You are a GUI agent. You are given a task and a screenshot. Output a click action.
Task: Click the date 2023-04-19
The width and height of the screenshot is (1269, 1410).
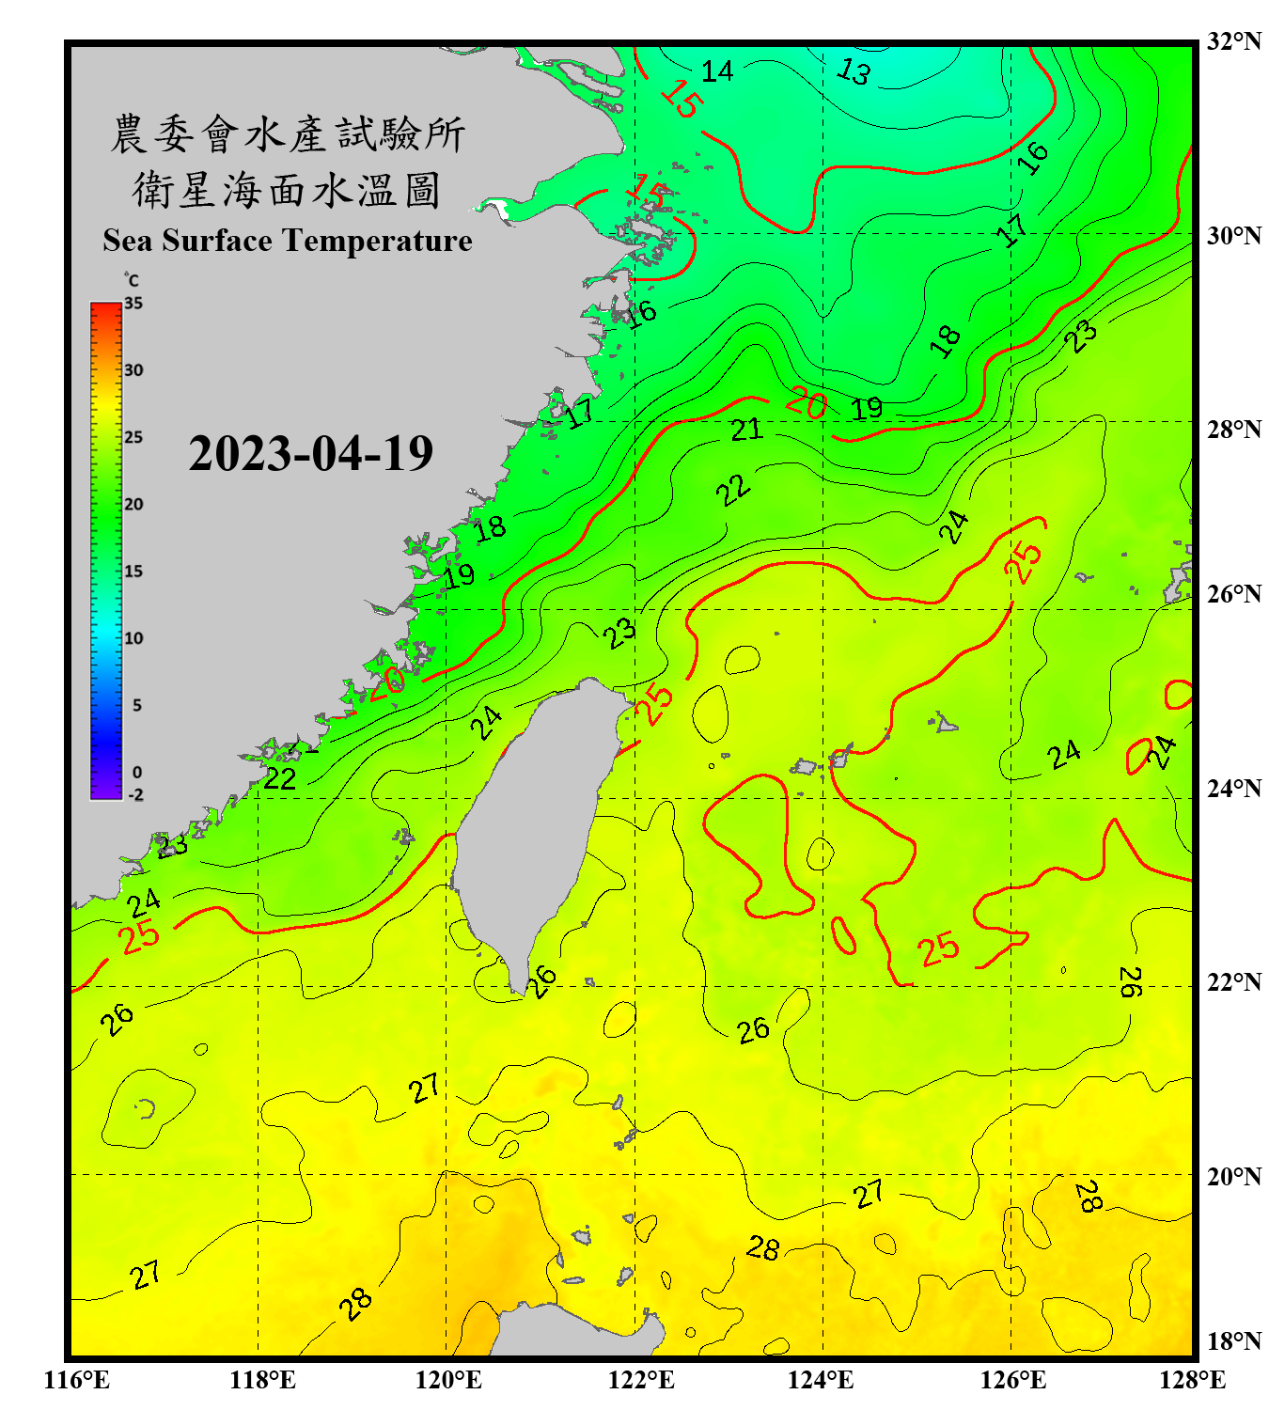[310, 453]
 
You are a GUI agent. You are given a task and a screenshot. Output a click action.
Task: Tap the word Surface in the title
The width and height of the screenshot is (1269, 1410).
[216, 241]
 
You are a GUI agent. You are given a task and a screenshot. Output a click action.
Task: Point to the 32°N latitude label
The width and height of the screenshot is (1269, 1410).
[1233, 41]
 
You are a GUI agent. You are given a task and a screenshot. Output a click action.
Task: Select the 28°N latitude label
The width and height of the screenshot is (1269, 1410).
[1233, 430]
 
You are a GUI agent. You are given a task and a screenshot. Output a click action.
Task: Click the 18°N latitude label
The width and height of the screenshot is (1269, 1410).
[1233, 1341]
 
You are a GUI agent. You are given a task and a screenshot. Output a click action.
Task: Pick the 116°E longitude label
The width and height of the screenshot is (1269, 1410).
[77, 1380]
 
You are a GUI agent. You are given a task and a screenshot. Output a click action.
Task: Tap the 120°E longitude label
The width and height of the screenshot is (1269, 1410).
[448, 1380]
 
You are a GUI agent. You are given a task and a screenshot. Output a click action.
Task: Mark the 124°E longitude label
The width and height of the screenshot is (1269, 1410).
[821, 1380]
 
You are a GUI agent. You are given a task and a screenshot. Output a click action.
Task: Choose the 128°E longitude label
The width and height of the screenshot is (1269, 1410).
[1192, 1380]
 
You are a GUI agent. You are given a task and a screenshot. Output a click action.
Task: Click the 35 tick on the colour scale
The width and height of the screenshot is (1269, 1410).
[133, 304]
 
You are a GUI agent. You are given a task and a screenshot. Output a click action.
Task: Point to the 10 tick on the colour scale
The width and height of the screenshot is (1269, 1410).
[133, 638]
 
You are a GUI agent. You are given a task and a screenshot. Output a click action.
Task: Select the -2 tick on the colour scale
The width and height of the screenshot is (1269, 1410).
[135, 794]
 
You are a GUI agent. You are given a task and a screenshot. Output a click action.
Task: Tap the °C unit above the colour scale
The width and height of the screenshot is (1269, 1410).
[132, 280]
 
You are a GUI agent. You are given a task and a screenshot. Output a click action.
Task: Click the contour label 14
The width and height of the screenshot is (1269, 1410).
[717, 71]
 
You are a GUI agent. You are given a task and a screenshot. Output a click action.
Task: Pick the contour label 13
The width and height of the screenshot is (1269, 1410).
[854, 70]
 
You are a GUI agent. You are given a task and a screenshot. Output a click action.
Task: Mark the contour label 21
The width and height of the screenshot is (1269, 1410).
[746, 430]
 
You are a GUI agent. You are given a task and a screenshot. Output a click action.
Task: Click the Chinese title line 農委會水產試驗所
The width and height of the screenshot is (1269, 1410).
[287, 134]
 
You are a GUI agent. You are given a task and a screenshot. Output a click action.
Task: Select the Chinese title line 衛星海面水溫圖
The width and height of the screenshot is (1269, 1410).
[287, 190]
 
